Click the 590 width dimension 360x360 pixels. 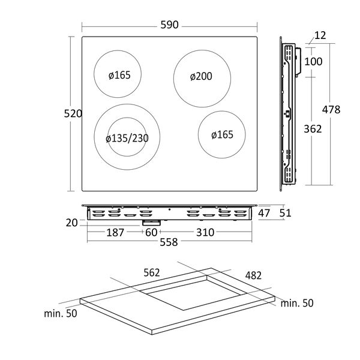click(x=169, y=25)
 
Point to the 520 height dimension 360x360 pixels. click(x=73, y=113)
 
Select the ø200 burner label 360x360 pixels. click(x=202, y=77)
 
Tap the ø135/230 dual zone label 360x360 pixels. click(x=127, y=139)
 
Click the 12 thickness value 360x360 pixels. click(x=320, y=36)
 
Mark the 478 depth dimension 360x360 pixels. click(x=331, y=109)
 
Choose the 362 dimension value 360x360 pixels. click(x=313, y=128)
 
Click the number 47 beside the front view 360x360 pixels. click(x=265, y=212)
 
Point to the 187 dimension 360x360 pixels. click(x=115, y=232)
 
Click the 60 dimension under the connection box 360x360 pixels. click(x=150, y=232)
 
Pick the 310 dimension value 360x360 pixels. click(x=203, y=232)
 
